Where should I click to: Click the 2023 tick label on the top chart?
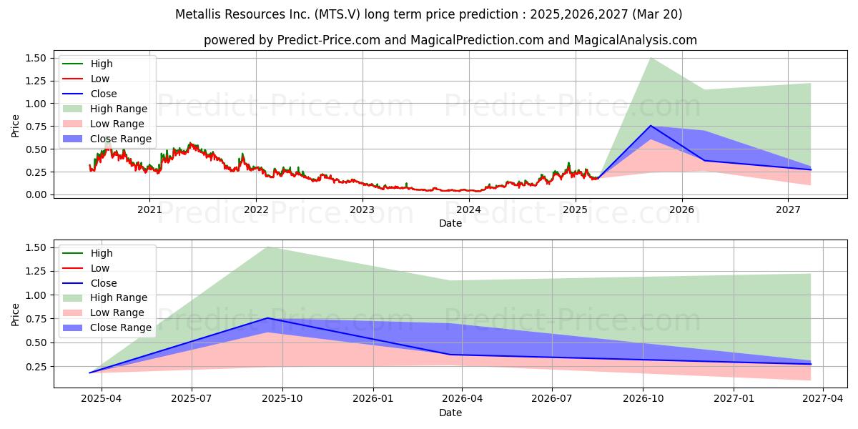pyautogui.click(x=363, y=209)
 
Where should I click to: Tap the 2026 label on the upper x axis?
pyautogui.click(x=682, y=209)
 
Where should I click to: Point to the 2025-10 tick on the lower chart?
pyautogui.click(x=282, y=398)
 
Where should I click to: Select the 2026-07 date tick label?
pyautogui.click(x=552, y=398)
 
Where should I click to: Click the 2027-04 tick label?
pyautogui.click(x=823, y=398)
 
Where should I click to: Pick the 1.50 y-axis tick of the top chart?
pyautogui.click(x=36, y=58)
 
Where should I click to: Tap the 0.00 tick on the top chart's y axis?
pyautogui.click(x=36, y=194)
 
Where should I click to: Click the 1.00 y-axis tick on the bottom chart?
pyautogui.click(x=36, y=295)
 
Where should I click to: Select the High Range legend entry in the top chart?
pyautogui.click(x=105, y=109)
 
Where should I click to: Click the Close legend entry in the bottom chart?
pyautogui.click(x=89, y=283)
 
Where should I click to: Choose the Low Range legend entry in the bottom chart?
pyautogui.click(x=104, y=312)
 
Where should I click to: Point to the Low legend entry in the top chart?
pyautogui.click(x=86, y=79)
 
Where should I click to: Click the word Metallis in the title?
pyautogui.click(x=198, y=14)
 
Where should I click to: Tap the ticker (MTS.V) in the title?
pyautogui.click(x=337, y=14)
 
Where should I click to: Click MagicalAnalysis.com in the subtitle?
pyautogui.click(x=636, y=40)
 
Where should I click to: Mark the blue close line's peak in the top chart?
pyautogui.click(x=651, y=126)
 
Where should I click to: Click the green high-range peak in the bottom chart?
pyautogui.click(x=267, y=247)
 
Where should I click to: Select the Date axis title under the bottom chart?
pyautogui.click(x=450, y=413)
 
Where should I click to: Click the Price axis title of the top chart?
pyautogui.click(x=15, y=126)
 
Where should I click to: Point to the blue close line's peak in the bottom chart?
pyautogui.click(x=267, y=318)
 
